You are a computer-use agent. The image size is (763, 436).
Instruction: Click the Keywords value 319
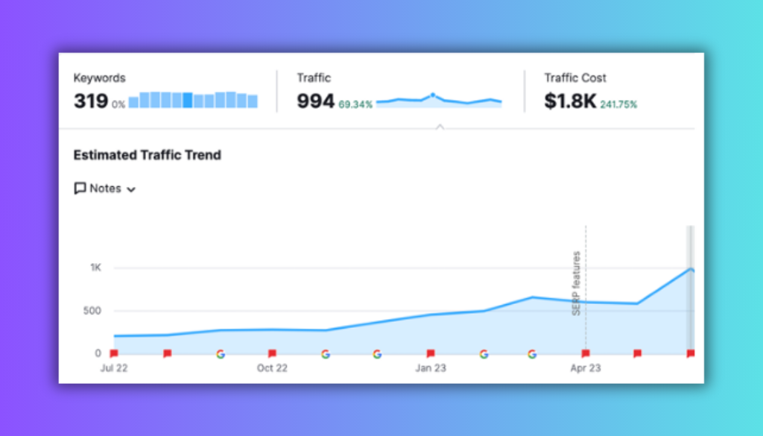click(x=90, y=101)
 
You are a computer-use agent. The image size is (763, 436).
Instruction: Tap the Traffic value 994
click(x=315, y=101)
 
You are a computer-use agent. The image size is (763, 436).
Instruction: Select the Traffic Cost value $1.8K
click(x=570, y=101)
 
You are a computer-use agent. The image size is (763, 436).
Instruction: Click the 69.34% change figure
click(x=355, y=104)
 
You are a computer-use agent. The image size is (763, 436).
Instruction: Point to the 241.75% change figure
click(x=618, y=104)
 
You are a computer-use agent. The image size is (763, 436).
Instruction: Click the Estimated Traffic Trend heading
click(x=147, y=155)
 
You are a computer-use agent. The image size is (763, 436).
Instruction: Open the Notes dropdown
click(x=105, y=189)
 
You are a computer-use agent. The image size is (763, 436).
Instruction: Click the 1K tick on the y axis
click(x=96, y=268)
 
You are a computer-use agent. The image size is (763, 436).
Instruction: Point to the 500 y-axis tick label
click(x=92, y=311)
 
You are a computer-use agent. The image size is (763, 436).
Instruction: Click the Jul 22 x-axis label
click(x=114, y=367)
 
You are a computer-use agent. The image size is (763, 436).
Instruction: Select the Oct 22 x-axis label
click(x=272, y=367)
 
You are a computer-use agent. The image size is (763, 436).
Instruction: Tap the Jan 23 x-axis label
click(x=431, y=367)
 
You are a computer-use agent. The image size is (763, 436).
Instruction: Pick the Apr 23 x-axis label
click(x=586, y=367)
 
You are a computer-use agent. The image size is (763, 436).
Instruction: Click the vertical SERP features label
click(x=577, y=283)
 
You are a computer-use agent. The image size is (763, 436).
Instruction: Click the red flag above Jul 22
click(x=114, y=353)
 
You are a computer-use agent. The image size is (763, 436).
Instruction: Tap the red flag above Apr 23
click(x=586, y=353)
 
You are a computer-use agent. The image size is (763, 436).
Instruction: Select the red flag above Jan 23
click(x=431, y=353)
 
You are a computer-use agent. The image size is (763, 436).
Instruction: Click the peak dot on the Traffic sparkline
click(x=432, y=95)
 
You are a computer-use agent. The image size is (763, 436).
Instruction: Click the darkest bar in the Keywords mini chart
click(x=188, y=100)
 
